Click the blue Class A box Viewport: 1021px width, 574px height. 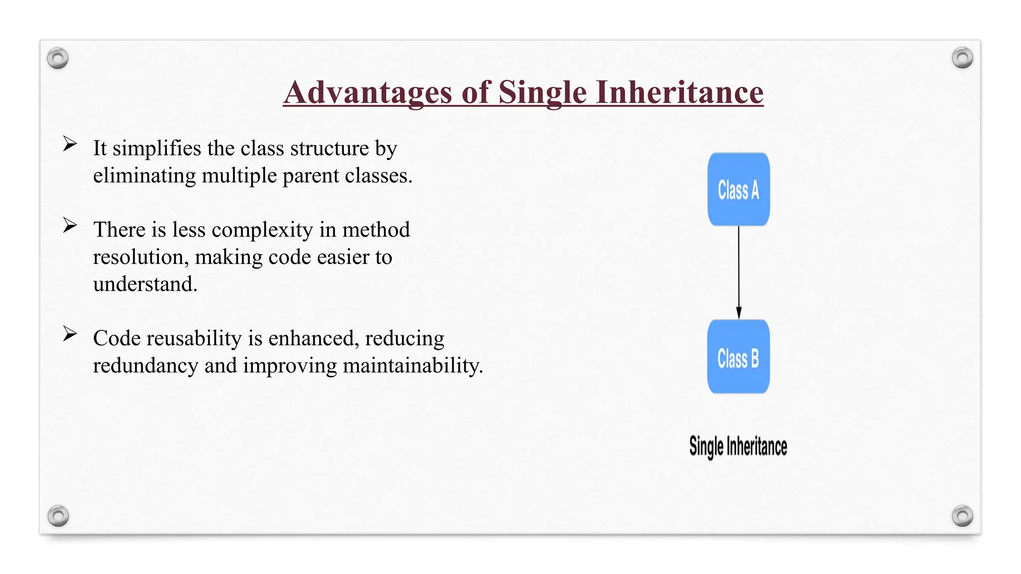(x=738, y=189)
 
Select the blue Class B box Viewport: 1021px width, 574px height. (x=738, y=357)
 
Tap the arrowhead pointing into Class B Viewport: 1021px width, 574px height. (x=739, y=313)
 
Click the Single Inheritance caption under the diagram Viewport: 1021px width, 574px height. (x=738, y=446)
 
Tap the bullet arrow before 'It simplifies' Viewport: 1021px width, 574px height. (x=70, y=144)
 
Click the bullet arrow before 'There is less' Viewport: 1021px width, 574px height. (x=70, y=225)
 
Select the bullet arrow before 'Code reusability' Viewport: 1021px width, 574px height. (x=70, y=334)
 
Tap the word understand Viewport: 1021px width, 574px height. (x=145, y=285)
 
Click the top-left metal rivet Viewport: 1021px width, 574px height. (x=58, y=58)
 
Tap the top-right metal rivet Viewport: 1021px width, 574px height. (x=962, y=58)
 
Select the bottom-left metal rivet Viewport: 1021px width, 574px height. (x=58, y=516)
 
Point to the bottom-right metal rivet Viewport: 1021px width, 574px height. (x=962, y=516)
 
